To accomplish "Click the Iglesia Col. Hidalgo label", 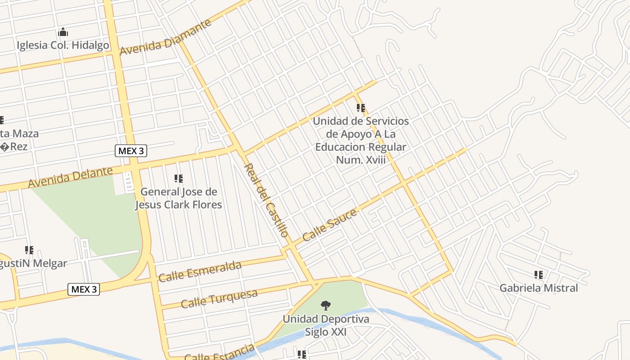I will pos(63,45).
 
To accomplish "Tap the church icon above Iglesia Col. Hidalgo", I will pos(63,32).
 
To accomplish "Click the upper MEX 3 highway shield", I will pos(131,151).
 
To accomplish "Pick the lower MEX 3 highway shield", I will pos(84,289).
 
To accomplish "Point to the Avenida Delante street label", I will pos(70,177).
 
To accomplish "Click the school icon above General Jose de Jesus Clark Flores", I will pos(179,179).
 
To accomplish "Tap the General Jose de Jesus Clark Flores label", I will pos(179,198).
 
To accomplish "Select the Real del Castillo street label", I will pos(265,200).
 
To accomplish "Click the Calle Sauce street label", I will pos(330,225).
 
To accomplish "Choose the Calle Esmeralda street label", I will pos(200,271).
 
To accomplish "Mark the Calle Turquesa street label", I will pos(219,299).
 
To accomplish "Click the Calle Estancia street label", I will pos(219,353).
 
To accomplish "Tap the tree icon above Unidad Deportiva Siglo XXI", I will pos(325,306).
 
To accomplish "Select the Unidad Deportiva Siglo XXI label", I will pos(326,325).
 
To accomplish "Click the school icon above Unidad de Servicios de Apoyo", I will pos(361,108).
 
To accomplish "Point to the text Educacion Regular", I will pos(360,147).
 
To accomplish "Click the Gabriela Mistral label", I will pos(539,288).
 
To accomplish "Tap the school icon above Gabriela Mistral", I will pos(539,274).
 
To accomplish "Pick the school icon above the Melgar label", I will pos(29,250).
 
